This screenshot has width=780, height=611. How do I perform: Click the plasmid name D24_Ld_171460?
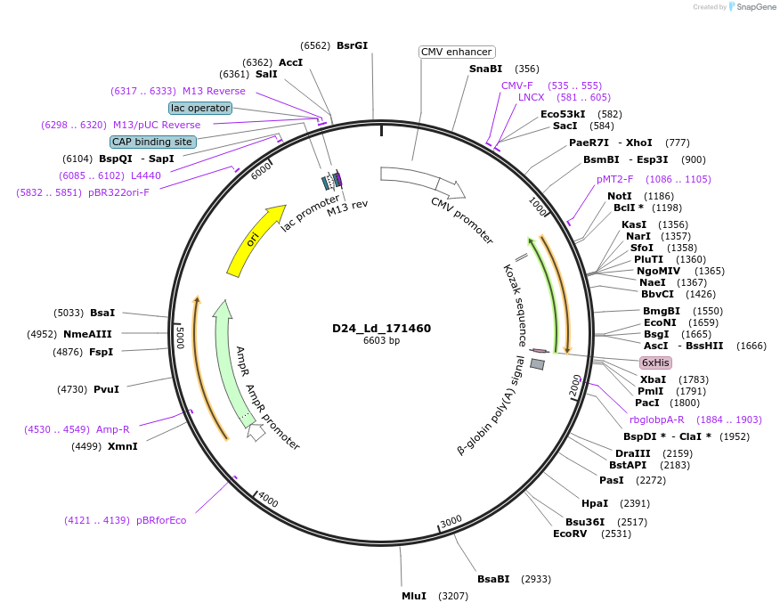coord(381,329)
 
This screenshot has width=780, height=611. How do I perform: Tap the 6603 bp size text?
coord(381,341)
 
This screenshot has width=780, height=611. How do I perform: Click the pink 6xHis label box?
coord(654,363)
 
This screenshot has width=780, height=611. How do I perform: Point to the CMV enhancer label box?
coord(456,53)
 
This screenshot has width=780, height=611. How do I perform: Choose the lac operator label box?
coord(200,108)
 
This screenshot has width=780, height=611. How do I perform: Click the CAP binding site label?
coord(152,142)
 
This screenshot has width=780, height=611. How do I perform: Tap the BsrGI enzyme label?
coord(352,45)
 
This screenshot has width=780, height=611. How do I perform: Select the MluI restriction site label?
coord(414,596)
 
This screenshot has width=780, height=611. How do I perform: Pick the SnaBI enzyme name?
coord(485,69)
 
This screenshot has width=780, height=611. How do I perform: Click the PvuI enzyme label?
coord(106,389)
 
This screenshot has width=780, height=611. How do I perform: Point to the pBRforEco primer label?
coord(161,520)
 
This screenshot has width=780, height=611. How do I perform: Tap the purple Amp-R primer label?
coord(112,429)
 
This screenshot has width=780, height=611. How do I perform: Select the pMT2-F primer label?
coord(615,179)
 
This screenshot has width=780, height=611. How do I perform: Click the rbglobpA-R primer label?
coord(656,420)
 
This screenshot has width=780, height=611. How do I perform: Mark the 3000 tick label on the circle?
coord(451,520)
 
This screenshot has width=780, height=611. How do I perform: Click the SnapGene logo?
coord(752,7)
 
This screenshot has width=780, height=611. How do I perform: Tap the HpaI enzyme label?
coord(595,503)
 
